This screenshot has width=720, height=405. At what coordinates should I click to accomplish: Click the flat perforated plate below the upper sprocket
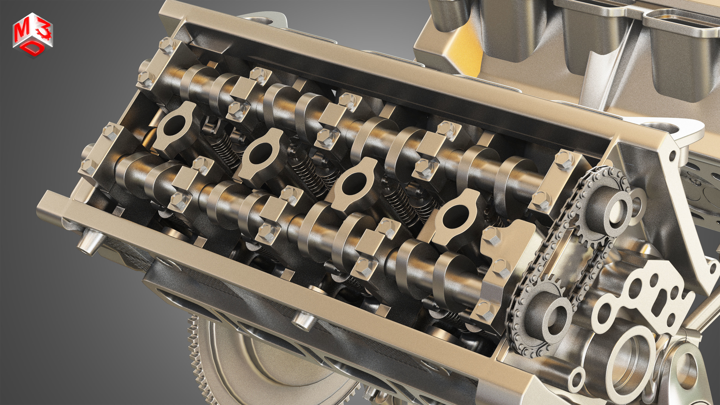tap(640, 302)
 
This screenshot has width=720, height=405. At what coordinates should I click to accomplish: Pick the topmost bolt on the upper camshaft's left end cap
tap(167, 43)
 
